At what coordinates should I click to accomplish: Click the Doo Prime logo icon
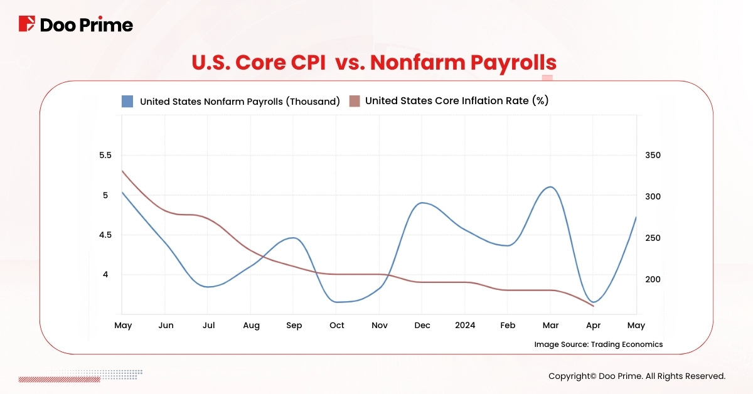(x=26, y=24)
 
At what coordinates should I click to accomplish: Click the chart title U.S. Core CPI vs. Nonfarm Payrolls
(x=374, y=63)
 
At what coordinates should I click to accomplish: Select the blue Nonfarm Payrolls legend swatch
(x=127, y=101)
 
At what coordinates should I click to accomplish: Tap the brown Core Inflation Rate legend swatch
(x=355, y=101)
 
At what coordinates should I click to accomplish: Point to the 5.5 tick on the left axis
(x=105, y=156)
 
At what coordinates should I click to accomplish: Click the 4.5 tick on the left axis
(x=105, y=235)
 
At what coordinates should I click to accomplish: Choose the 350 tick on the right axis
(x=653, y=156)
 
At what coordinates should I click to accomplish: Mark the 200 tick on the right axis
(x=653, y=279)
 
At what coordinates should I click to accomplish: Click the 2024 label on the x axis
(x=465, y=326)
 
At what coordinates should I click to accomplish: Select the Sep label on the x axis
(x=294, y=326)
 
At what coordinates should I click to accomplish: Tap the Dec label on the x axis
(x=422, y=326)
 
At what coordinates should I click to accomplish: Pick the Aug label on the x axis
(x=251, y=326)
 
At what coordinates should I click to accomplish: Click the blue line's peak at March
(x=550, y=187)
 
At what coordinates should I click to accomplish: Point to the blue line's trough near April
(x=593, y=302)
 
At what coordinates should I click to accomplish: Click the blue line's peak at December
(x=424, y=203)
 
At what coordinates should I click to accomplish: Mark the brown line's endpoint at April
(x=593, y=306)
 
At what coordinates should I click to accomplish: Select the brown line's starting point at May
(x=122, y=171)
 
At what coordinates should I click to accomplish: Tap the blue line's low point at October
(x=338, y=302)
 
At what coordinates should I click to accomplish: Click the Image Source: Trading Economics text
(x=598, y=344)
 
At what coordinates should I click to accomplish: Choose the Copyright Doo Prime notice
(x=636, y=376)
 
